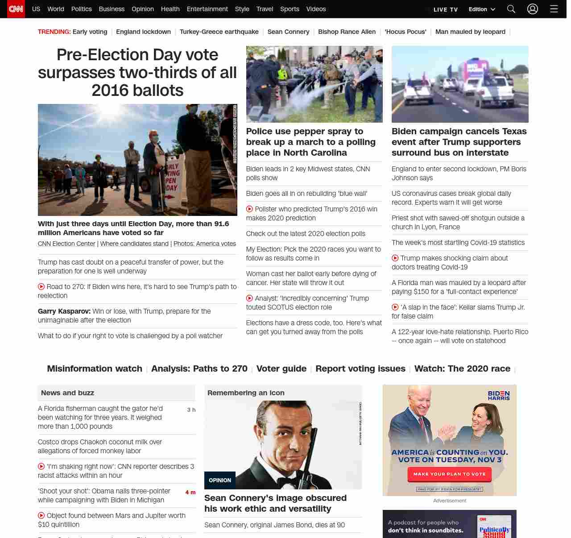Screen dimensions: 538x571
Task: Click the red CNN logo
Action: (x=16, y=9)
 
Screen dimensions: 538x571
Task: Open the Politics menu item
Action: (x=81, y=9)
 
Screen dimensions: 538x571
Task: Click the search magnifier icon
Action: (x=511, y=9)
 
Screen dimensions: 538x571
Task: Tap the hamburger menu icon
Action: (x=554, y=9)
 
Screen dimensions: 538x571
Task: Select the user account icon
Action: (x=532, y=9)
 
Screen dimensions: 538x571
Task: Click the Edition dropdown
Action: (x=482, y=9)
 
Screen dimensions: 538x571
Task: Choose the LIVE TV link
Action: (x=445, y=9)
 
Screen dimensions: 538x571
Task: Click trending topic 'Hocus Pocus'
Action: (x=405, y=32)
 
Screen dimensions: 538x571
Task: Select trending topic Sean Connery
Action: (x=288, y=32)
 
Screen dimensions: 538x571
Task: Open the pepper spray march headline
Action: (x=310, y=142)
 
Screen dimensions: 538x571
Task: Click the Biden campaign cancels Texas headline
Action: (x=459, y=142)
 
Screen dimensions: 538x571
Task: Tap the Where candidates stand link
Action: (x=134, y=244)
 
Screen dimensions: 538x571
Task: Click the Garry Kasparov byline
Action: (x=64, y=311)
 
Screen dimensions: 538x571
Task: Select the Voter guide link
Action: (x=281, y=368)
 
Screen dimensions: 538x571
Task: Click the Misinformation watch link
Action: (x=95, y=368)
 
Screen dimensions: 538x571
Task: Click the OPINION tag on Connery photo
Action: (x=220, y=480)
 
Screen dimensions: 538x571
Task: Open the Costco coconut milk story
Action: (x=100, y=446)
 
